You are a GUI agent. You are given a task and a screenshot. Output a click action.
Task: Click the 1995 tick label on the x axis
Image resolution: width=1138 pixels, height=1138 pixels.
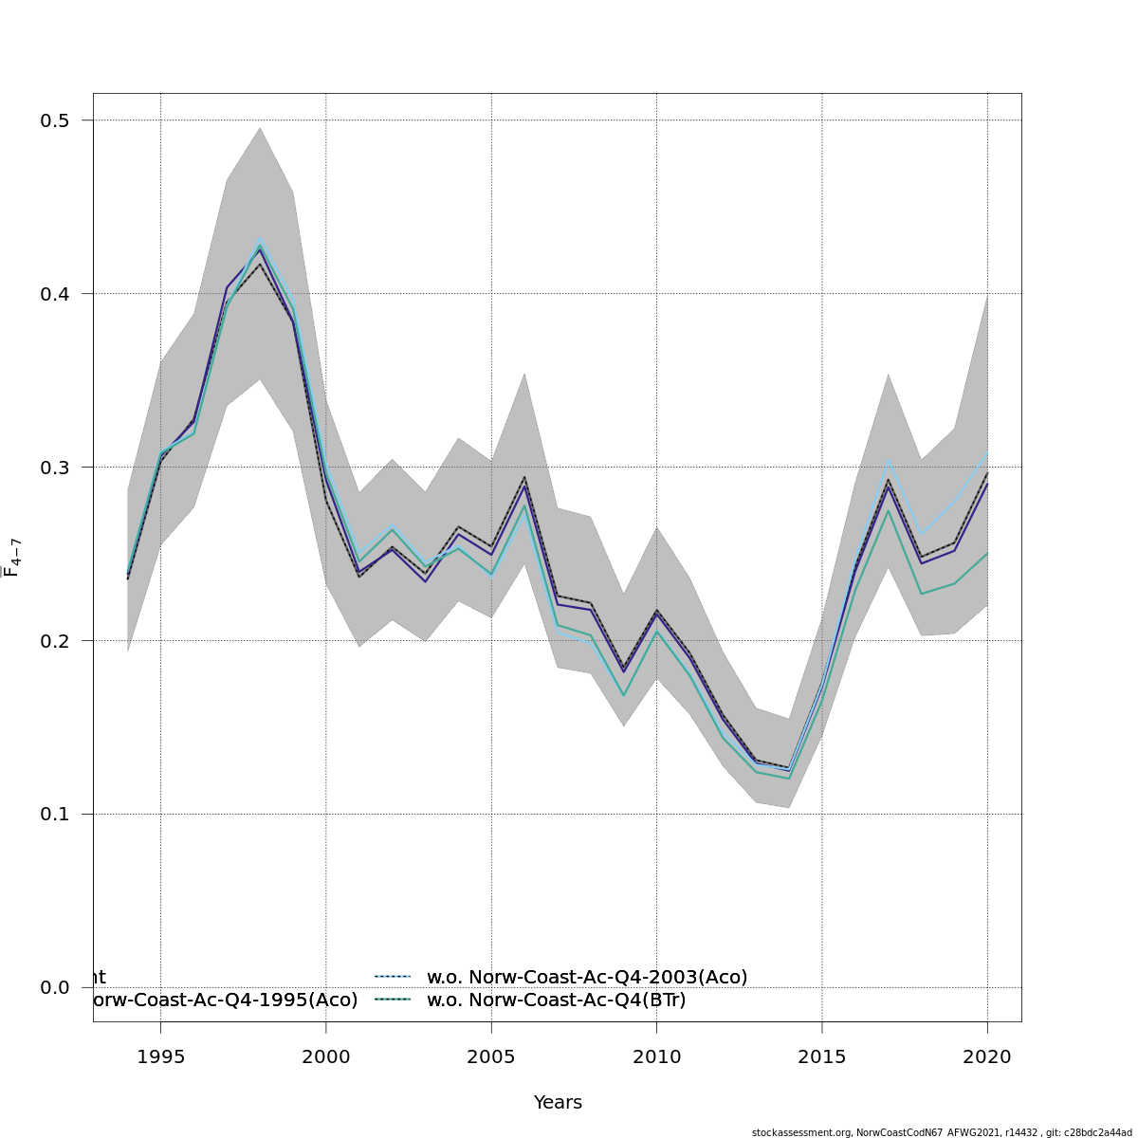pyautogui.click(x=160, y=1056)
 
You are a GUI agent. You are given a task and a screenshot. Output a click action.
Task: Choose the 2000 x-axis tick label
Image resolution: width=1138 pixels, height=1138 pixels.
pyautogui.click(x=326, y=1056)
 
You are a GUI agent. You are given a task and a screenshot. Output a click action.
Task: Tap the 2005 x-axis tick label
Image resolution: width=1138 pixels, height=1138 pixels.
pyautogui.click(x=491, y=1056)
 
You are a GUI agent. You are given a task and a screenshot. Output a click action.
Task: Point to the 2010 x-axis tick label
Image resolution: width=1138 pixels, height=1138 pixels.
pyautogui.click(x=656, y=1056)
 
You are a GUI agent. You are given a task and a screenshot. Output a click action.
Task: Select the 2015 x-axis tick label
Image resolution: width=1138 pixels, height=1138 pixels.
pyautogui.click(x=822, y=1056)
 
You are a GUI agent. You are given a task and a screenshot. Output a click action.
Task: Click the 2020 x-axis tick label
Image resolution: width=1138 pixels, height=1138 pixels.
pyautogui.click(x=987, y=1056)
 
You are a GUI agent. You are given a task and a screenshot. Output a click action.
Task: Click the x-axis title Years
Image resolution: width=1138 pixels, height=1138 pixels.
pyautogui.click(x=558, y=1102)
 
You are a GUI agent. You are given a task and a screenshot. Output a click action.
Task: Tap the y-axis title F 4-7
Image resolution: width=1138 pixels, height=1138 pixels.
pyautogui.click(x=11, y=557)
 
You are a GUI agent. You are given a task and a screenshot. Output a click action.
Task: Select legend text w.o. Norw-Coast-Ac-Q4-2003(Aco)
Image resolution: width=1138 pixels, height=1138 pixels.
pyautogui.click(x=587, y=977)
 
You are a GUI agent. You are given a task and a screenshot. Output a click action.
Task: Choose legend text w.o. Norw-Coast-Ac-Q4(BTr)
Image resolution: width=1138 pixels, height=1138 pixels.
pyautogui.click(x=556, y=1000)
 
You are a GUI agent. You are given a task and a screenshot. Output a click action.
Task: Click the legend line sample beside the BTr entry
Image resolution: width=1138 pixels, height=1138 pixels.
pyautogui.click(x=392, y=1000)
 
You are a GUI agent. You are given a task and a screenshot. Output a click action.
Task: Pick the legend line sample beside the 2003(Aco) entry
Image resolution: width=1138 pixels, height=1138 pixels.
pyautogui.click(x=392, y=977)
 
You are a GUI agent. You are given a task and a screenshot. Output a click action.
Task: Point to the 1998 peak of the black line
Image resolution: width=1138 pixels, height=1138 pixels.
pyautogui.click(x=260, y=264)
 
